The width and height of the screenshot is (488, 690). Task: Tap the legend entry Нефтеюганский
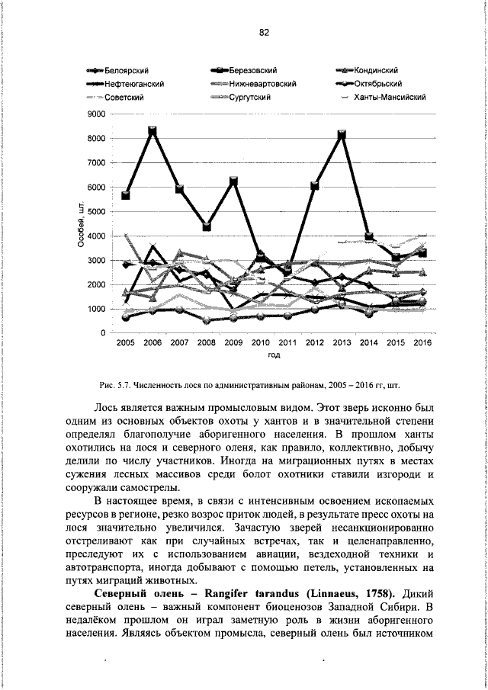[134, 84]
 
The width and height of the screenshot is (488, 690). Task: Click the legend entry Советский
[124, 97]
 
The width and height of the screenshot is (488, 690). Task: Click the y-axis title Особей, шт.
[80, 224]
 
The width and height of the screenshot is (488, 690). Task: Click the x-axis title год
[274, 356]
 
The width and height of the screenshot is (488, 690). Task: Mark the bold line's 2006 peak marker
[152, 131]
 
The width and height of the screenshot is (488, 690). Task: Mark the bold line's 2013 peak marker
[342, 134]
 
